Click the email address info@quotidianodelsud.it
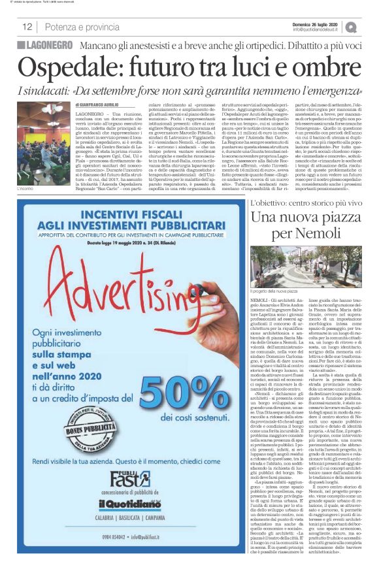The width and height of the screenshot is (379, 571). [316, 29]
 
